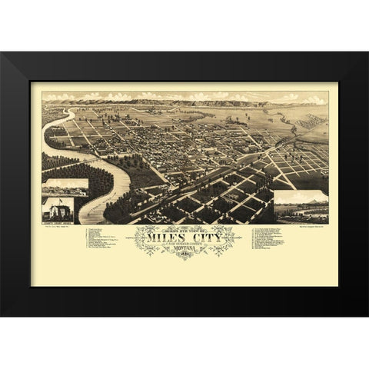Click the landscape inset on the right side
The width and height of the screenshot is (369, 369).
301,206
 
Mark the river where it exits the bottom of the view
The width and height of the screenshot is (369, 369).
92,219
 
